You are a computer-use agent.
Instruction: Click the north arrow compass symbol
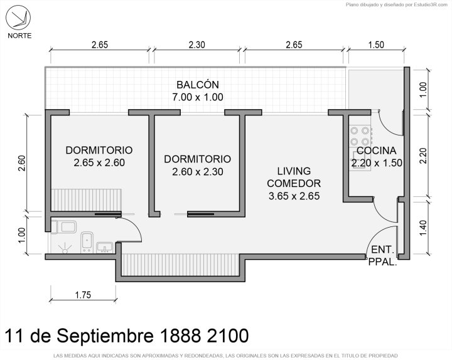click(18, 18)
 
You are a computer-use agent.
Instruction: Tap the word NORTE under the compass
click(19, 36)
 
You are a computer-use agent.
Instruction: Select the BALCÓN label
click(198, 85)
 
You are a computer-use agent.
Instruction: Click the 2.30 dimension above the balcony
click(197, 45)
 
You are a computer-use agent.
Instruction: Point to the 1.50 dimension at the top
click(376, 45)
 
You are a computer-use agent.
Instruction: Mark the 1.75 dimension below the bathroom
click(83, 295)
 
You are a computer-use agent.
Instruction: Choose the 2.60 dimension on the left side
click(22, 163)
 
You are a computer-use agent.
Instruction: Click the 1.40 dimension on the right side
click(422, 228)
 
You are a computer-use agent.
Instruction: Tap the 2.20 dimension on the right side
click(422, 156)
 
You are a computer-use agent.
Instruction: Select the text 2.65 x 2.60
click(99, 162)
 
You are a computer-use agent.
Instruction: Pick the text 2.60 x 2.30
click(198, 172)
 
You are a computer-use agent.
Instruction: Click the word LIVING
click(294, 171)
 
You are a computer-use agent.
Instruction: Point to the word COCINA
click(377, 151)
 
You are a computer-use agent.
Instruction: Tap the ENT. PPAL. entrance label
click(383, 256)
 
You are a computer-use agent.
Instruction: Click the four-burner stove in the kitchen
click(360, 136)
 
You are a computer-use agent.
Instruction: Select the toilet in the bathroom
click(64, 226)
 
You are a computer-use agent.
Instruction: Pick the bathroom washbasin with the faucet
click(105, 247)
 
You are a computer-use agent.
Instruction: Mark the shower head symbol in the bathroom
click(65, 249)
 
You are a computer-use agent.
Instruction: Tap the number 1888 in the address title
click(180, 336)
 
